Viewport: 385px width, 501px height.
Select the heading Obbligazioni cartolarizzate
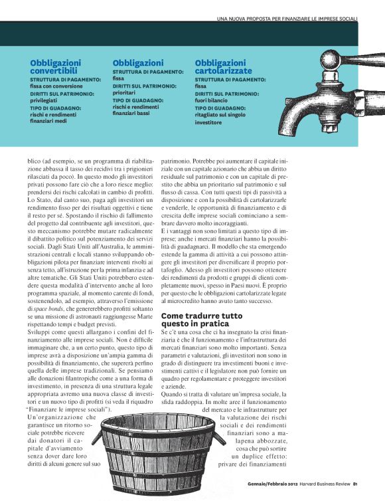point(224,66)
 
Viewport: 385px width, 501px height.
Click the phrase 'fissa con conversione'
point(57,86)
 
